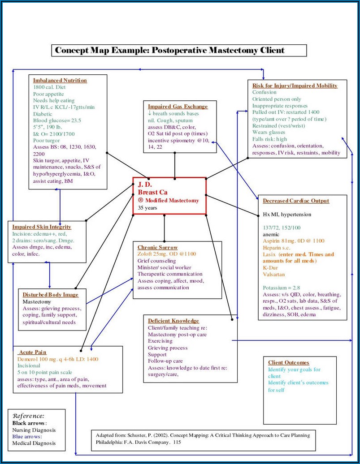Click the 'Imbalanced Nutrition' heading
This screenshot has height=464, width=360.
click(x=60, y=80)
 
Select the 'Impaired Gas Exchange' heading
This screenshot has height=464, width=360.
click(x=178, y=107)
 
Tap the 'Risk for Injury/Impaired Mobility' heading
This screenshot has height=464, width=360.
click(x=295, y=86)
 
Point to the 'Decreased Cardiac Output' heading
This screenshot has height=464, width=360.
click(x=296, y=201)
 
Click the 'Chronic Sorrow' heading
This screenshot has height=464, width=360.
click(x=157, y=247)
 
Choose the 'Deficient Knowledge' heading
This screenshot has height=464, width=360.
click(x=173, y=321)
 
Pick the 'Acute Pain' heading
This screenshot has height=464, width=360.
click(x=33, y=352)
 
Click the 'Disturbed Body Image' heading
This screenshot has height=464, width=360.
click(x=51, y=294)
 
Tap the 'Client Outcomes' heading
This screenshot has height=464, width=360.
click(x=289, y=362)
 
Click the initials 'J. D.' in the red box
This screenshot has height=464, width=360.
click(x=145, y=185)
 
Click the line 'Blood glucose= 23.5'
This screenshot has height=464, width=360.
click(x=57, y=120)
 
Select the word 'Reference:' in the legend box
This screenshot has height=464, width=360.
click(x=29, y=416)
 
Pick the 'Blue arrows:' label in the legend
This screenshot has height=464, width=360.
click(x=27, y=436)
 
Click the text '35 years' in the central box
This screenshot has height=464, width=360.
click(x=148, y=208)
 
